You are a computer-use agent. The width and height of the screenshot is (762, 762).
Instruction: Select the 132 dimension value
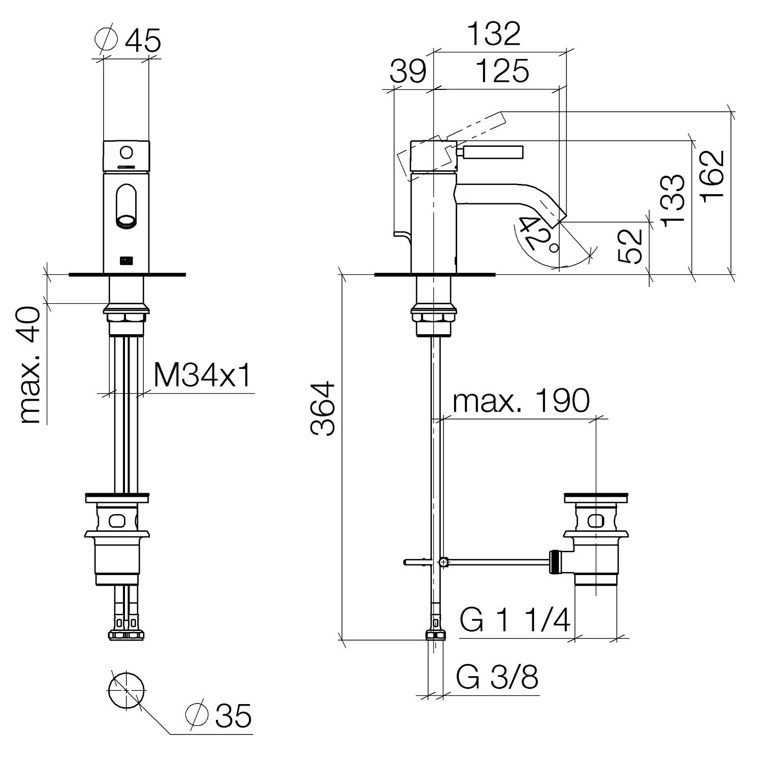(x=494, y=34)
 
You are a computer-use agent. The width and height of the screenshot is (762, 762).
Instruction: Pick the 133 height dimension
(x=674, y=199)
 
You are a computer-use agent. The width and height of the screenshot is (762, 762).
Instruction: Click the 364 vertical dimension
(x=324, y=409)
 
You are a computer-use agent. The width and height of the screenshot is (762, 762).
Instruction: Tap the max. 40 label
(x=30, y=365)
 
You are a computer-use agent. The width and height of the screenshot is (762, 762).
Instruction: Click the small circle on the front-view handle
(x=127, y=151)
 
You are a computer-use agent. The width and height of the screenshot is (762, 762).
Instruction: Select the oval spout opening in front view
(x=127, y=205)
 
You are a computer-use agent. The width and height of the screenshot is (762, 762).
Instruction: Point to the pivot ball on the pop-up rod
(x=444, y=562)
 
